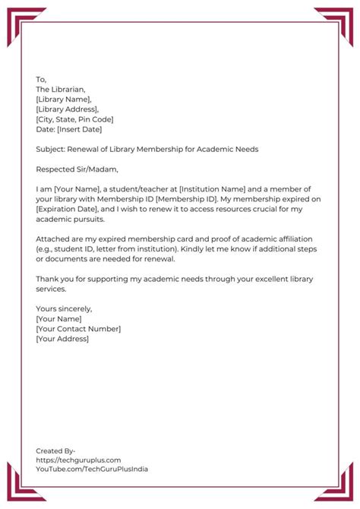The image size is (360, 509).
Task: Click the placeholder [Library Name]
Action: pyautogui.click(x=64, y=99)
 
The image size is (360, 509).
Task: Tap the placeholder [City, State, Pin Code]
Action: pyautogui.click(x=74, y=119)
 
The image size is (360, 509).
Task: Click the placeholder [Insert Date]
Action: pyautogui.click(x=79, y=129)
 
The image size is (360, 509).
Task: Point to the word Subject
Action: pyautogui.click(x=50, y=149)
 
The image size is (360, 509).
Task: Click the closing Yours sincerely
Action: pyautogui.click(x=64, y=308)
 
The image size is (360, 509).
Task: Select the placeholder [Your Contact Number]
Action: pyautogui.click(x=78, y=328)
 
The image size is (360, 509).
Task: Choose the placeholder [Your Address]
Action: pyautogui.click(x=62, y=338)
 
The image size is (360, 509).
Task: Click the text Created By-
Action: pyautogui.click(x=55, y=451)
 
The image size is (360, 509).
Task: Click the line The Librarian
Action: pyautogui.click(x=60, y=89)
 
